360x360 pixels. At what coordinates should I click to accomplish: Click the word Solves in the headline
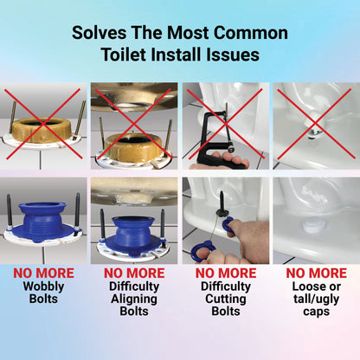pyautogui.click(x=99, y=33)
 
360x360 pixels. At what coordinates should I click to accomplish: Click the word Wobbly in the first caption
pyautogui.click(x=43, y=286)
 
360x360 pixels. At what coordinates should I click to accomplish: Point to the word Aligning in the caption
pyautogui.click(x=134, y=299)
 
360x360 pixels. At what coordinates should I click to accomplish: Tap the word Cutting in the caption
pyautogui.click(x=226, y=299)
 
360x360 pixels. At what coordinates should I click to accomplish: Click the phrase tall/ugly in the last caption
pyautogui.click(x=316, y=299)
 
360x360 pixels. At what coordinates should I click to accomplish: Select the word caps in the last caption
pyautogui.click(x=316, y=312)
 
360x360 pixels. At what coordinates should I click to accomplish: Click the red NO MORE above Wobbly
pyautogui.click(x=43, y=273)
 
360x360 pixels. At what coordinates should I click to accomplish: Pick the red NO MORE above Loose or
pyautogui.click(x=317, y=273)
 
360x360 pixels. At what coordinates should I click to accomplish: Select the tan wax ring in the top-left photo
pyautogui.click(x=42, y=129)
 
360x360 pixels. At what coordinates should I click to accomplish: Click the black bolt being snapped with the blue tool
pyautogui.click(x=222, y=203)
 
